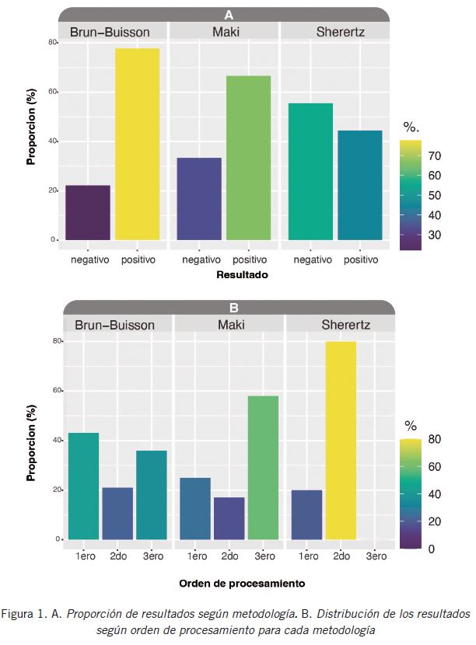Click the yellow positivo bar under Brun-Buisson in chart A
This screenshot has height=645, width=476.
coord(138,145)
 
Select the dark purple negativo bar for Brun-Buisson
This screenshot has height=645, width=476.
coord(88,212)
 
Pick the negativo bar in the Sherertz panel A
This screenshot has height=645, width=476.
coord(310,172)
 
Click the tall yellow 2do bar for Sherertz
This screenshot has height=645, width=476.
coord(341,441)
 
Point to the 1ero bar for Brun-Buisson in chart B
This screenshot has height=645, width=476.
coord(83,486)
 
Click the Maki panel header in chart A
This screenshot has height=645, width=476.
coord(226,32)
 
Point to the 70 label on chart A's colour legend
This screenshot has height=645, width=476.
coord(434,156)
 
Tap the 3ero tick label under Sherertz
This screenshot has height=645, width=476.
coord(375,556)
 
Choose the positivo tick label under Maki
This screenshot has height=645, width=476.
coord(250,259)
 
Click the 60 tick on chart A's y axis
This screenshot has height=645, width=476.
coord(51,92)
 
